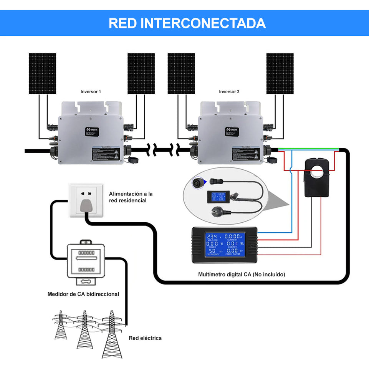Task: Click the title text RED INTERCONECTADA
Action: pos(187,23)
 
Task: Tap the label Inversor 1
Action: pos(91,92)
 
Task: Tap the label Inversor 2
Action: pos(229,92)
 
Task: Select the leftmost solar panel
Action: pos(42,73)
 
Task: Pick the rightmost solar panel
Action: pos(280,73)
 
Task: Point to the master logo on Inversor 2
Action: pos(232,131)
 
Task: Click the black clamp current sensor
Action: pos(317,177)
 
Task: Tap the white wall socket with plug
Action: pos(86,200)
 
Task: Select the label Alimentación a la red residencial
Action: pos(131,197)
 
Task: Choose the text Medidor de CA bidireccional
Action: pos(83,294)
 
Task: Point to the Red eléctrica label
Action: pos(145,338)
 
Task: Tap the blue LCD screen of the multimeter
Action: pos(224,244)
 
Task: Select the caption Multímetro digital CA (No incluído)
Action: pos(242,275)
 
